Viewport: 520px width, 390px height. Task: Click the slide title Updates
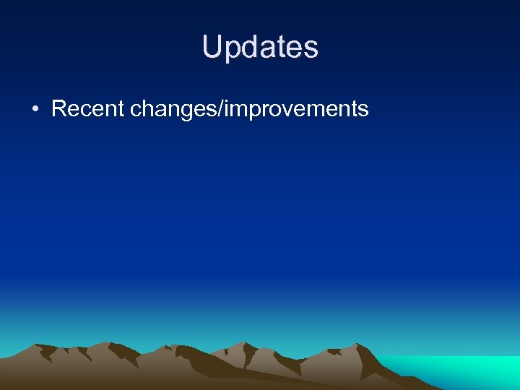pyautogui.click(x=260, y=47)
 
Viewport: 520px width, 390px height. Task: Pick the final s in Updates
pyautogui.click(x=309, y=48)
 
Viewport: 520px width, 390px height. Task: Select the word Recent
pyautogui.click(x=87, y=109)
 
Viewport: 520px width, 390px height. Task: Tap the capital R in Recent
pyautogui.click(x=60, y=109)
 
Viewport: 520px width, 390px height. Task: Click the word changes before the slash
pyautogui.click(x=173, y=110)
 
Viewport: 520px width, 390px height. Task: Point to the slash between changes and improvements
pyautogui.click(x=222, y=109)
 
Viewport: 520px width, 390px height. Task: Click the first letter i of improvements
pyautogui.click(x=228, y=109)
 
